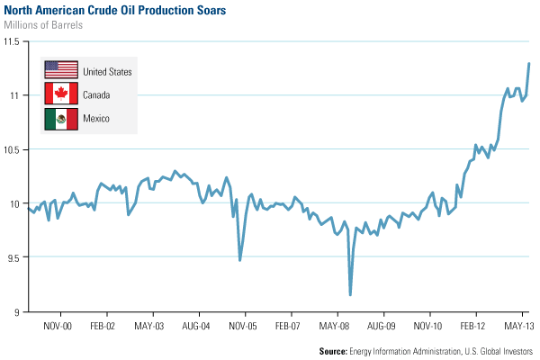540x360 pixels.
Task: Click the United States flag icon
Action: coord(60,70)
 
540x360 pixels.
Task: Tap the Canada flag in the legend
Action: coord(60,94)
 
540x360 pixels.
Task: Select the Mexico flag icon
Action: coord(60,118)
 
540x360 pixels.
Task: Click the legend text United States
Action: coord(107,71)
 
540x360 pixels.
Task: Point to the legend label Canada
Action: coord(97,94)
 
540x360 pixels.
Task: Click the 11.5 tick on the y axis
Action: coord(11,41)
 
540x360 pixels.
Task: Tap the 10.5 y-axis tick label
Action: coord(11,149)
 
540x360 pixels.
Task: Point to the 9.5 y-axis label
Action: coord(13,257)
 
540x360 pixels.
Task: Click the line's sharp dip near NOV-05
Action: coord(239,260)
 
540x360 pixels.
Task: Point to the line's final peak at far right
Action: coord(529,63)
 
